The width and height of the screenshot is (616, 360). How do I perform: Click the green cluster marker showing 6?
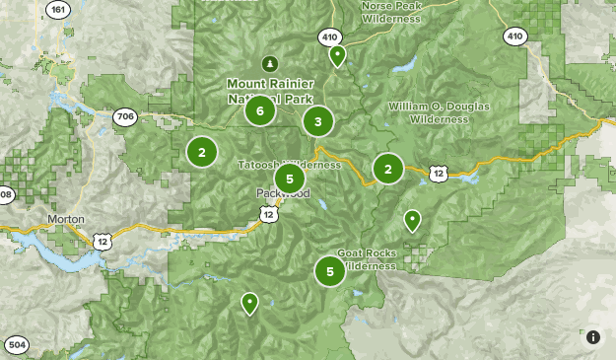coord(259,110)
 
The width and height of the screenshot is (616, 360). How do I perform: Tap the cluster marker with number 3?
coord(317,122)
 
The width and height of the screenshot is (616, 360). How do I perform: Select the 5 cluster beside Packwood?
coord(289,179)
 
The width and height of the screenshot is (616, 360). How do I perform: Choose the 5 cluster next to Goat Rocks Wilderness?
coord(330,269)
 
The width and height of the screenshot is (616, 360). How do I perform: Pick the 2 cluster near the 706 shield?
coord(202,152)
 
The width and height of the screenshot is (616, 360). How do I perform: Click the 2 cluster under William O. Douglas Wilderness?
coord(388,169)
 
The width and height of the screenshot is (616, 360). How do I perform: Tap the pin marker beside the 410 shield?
coord(337,55)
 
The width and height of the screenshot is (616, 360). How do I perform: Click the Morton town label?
coord(65,219)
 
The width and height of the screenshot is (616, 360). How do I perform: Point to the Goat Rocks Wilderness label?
coord(367,259)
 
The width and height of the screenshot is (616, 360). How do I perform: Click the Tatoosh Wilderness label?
coord(288,164)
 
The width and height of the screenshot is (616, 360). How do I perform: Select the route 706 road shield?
coord(125,116)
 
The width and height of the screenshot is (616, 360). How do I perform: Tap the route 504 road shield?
coord(17,345)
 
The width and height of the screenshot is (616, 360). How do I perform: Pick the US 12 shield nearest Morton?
coord(102,240)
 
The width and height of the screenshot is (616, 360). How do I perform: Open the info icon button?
coord(593,337)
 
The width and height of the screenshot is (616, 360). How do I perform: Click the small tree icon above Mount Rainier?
coord(263,64)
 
